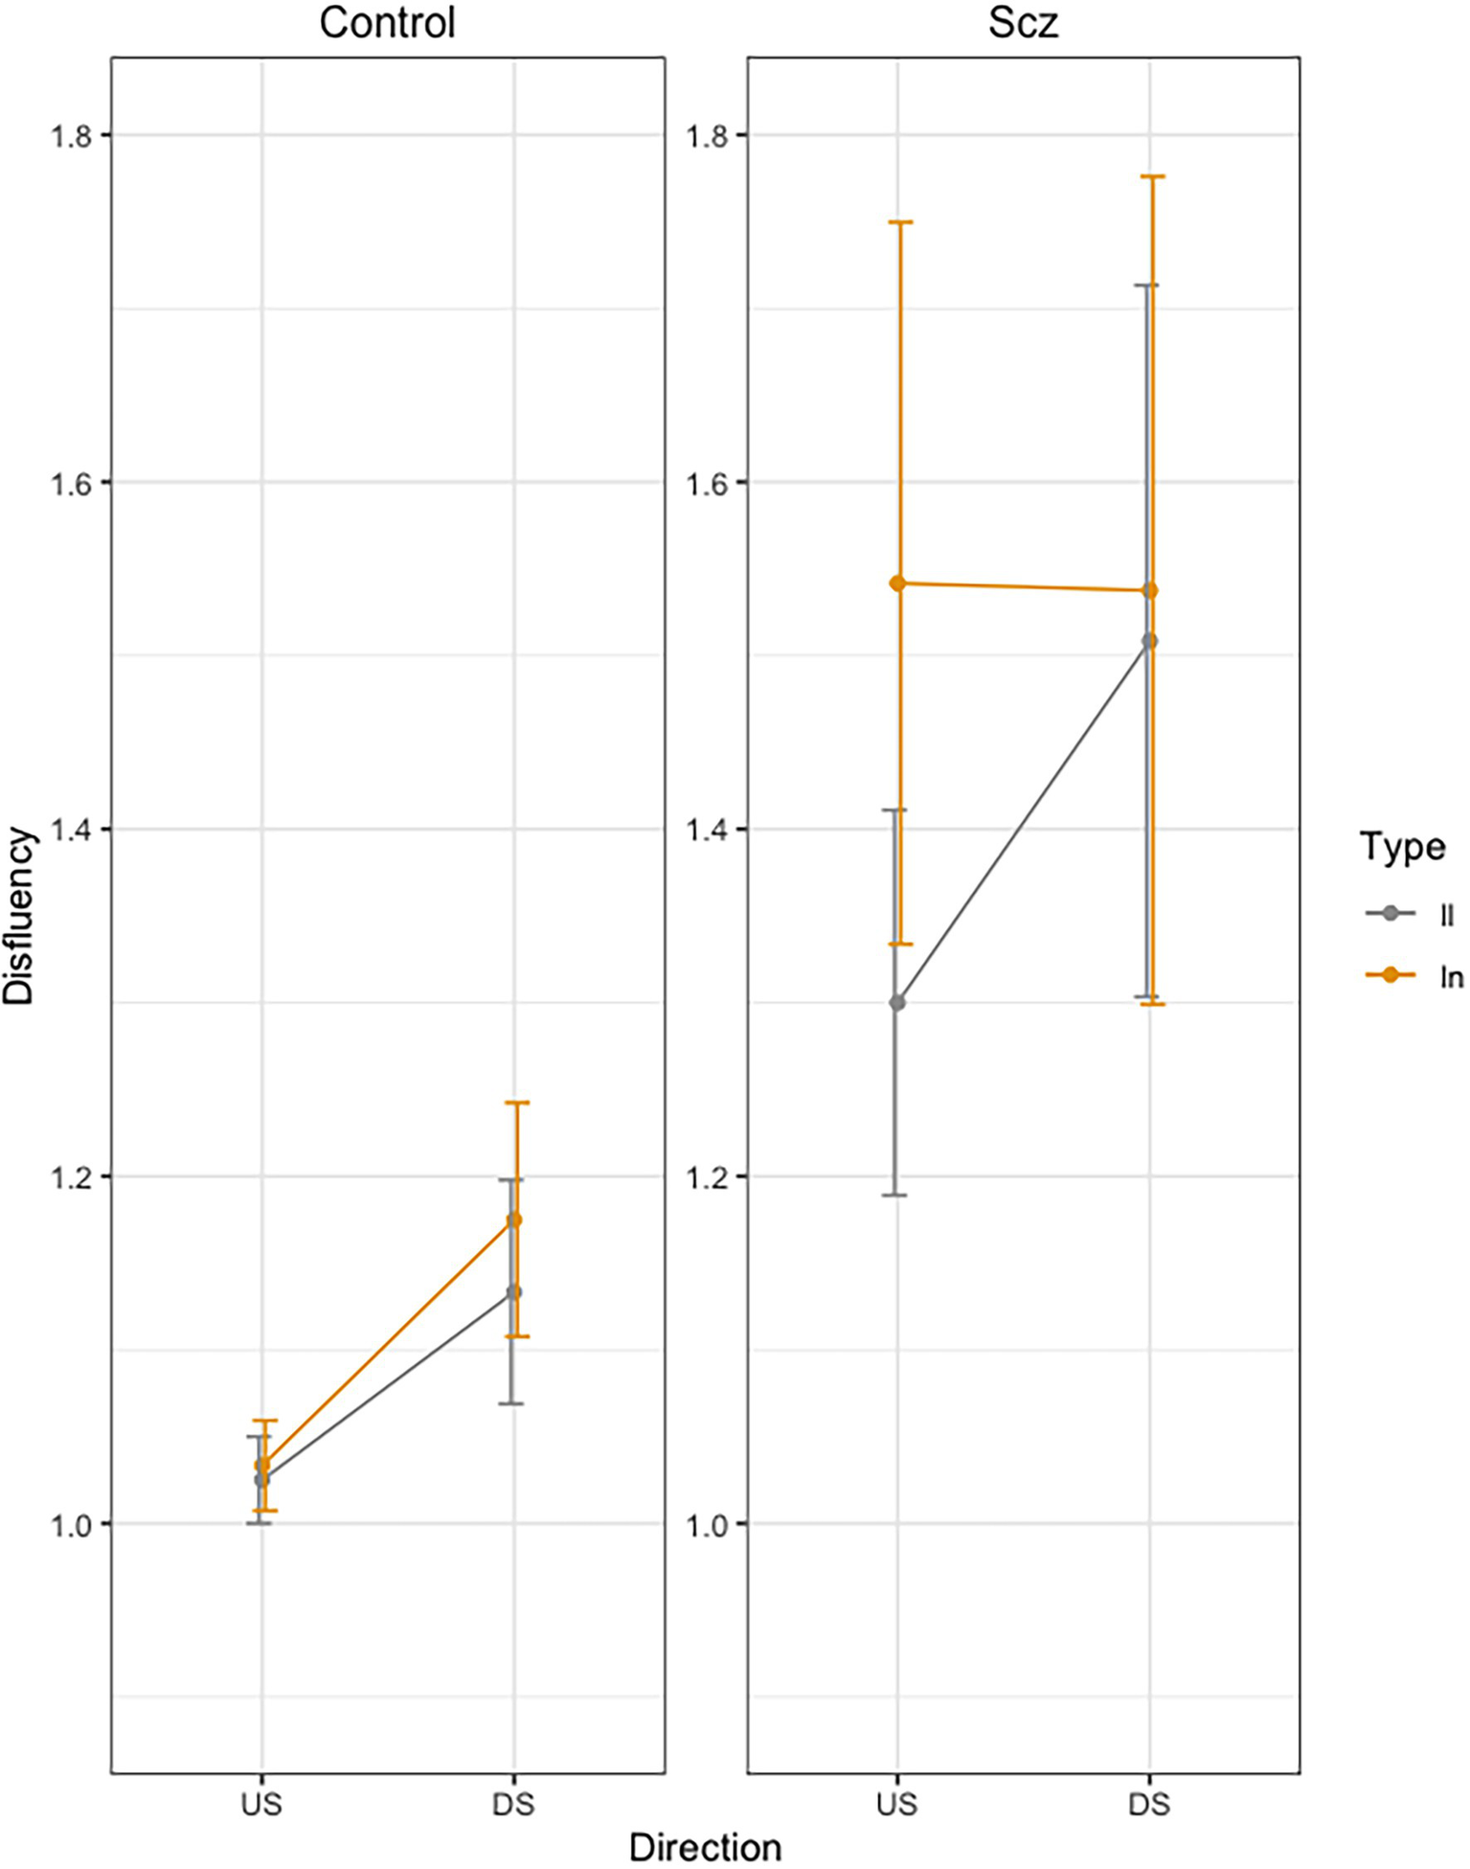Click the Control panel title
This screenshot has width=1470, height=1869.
point(387,23)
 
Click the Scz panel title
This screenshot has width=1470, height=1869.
point(1023,23)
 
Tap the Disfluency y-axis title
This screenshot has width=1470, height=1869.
point(18,916)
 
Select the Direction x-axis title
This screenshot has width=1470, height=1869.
point(705,1847)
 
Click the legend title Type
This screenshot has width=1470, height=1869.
point(1402,847)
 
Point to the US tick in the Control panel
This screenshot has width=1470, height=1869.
point(261,1804)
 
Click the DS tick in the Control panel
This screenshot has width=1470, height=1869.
point(513,1804)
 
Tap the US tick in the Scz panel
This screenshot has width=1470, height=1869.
point(896,1804)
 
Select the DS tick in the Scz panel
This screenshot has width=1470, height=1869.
point(1149,1804)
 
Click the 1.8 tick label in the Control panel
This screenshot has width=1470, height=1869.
point(69,136)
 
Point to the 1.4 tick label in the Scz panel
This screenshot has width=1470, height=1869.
point(704,830)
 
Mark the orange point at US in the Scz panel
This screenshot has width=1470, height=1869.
point(897,583)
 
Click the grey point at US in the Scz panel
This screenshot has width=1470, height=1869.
point(897,1003)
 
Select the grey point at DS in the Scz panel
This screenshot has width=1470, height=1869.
point(1150,641)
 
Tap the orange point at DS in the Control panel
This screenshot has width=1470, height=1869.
point(514,1219)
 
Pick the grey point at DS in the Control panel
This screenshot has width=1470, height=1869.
point(514,1292)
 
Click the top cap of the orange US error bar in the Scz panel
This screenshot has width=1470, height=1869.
point(898,222)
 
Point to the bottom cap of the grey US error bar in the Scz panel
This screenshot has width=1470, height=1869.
point(895,1195)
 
